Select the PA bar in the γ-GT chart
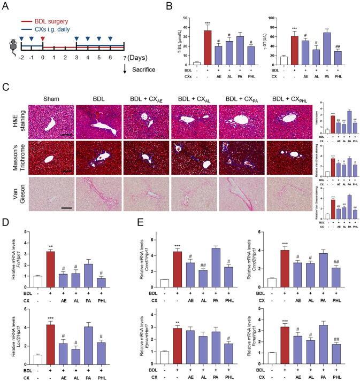tap(339, 48)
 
